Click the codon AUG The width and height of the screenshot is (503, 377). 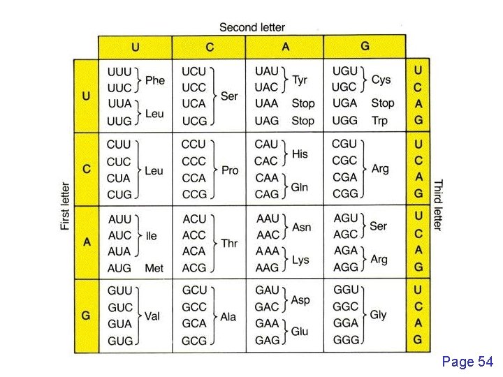(x=119, y=268)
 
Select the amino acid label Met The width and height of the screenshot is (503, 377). (x=154, y=268)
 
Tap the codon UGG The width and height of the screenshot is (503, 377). (x=345, y=120)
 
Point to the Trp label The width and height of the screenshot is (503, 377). (x=379, y=120)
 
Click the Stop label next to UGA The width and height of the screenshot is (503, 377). (x=382, y=103)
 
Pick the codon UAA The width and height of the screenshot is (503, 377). (x=267, y=103)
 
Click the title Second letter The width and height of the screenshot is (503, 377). (x=252, y=27)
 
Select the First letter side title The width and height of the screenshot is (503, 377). (x=65, y=206)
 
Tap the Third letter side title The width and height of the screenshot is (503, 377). (x=438, y=205)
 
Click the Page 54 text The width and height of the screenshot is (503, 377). (x=467, y=361)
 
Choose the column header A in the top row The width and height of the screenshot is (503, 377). (x=286, y=47)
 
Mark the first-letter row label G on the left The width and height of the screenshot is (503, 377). (x=86, y=316)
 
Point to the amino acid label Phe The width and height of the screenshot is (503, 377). (x=155, y=80)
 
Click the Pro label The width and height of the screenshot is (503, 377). (x=229, y=170)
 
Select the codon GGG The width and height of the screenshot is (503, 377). (x=346, y=340)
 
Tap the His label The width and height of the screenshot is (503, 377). (x=300, y=153)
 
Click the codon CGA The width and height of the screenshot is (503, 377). (x=344, y=177)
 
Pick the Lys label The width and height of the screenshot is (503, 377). (x=300, y=260)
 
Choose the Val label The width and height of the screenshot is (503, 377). (x=152, y=316)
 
